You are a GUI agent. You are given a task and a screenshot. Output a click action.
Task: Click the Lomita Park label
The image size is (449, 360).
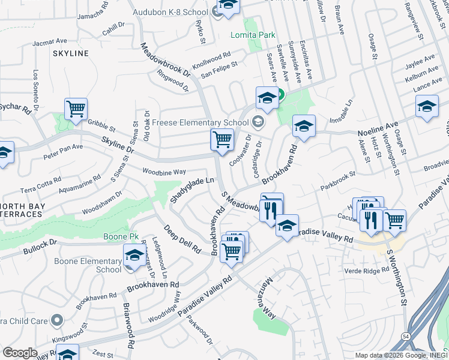pyautogui.click(x=253, y=35)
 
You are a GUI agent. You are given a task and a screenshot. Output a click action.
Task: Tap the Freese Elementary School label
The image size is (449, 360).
pyautogui.click(x=200, y=122)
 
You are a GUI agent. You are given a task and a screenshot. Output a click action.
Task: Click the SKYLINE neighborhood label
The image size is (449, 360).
pyautogui.click(x=71, y=53)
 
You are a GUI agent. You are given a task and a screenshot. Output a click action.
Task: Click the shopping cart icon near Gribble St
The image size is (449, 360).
pyautogui.click(x=76, y=110)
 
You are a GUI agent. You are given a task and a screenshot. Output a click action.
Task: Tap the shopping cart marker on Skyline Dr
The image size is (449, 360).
pyautogui.click(x=222, y=140)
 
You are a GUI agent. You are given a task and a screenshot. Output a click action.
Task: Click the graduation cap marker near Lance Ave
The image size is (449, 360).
pyautogui.click(x=427, y=107)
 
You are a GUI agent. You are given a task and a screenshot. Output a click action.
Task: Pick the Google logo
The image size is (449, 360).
pyautogui.click(x=20, y=352)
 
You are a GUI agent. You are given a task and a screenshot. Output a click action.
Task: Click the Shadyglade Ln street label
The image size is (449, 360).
pyautogui.click(x=191, y=188)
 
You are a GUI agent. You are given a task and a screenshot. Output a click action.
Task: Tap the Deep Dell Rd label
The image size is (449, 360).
pyautogui.click(x=182, y=239)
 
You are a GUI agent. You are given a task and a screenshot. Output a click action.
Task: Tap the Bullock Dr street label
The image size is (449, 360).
pyautogui.click(x=40, y=244)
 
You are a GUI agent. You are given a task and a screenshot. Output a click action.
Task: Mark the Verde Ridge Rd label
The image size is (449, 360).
pyautogui.click(x=368, y=271)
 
